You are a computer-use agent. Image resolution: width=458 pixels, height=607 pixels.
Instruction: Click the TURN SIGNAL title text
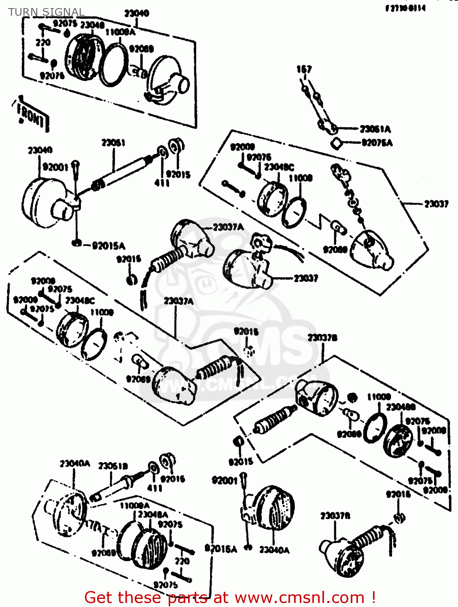coord(46,12)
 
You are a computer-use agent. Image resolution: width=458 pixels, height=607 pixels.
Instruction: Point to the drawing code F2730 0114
coord(405,8)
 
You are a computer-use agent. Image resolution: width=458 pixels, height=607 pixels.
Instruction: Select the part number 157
coord(304,69)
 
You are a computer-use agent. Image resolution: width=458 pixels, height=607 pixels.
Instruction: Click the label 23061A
coord(375,129)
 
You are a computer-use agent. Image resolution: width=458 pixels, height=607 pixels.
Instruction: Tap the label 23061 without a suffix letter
coord(113,143)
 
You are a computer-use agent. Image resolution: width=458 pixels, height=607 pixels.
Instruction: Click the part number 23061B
coord(113,466)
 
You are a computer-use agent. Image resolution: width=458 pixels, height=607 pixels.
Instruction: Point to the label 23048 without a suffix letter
coord(92,25)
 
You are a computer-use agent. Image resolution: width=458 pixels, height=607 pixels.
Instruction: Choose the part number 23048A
coord(153,514)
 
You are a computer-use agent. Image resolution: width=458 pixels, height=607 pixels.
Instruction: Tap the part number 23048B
coord(401,407)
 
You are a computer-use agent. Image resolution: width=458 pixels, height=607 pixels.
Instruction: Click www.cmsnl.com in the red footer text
coord(299,597)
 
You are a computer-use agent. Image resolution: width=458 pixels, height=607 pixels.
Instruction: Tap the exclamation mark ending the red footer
coord(373,597)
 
